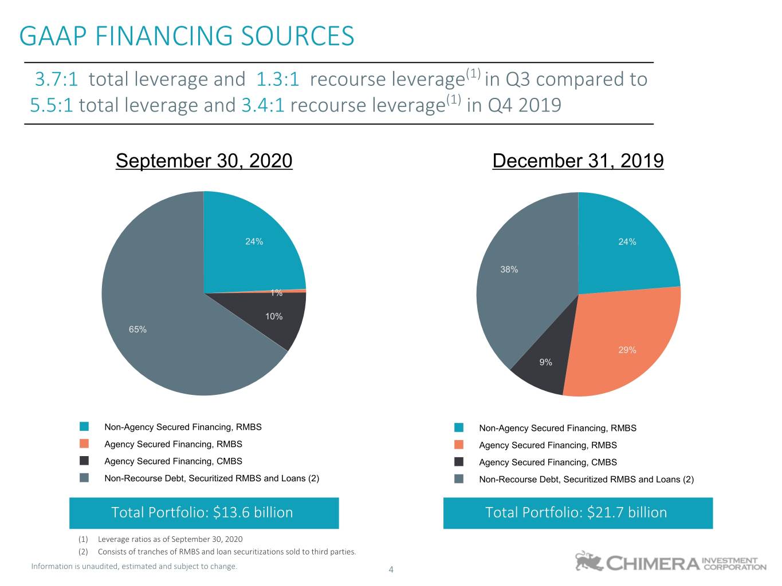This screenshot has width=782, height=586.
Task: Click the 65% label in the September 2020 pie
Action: (137, 329)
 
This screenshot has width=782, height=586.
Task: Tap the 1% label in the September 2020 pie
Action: (277, 293)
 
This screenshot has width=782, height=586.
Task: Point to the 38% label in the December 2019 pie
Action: (509, 270)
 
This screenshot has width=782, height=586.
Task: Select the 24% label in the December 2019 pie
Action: (627, 241)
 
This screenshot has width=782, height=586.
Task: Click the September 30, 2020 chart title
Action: (204, 161)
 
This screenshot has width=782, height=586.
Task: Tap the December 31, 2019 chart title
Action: (578, 161)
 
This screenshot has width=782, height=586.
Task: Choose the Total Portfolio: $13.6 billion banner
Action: (204, 513)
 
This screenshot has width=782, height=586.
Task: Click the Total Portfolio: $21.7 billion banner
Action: (578, 513)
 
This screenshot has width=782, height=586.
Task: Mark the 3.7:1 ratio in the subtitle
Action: (56, 79)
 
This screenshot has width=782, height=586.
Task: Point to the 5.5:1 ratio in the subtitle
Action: (52, 105)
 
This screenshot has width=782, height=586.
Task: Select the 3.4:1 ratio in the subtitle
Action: (263, 105)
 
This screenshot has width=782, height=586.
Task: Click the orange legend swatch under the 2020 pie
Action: (84, 444)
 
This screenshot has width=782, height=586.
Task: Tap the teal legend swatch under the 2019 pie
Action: (459, 427)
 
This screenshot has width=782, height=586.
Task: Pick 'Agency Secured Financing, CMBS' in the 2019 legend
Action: (548, 462)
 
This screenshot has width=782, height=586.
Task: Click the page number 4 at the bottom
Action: (391, 569)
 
